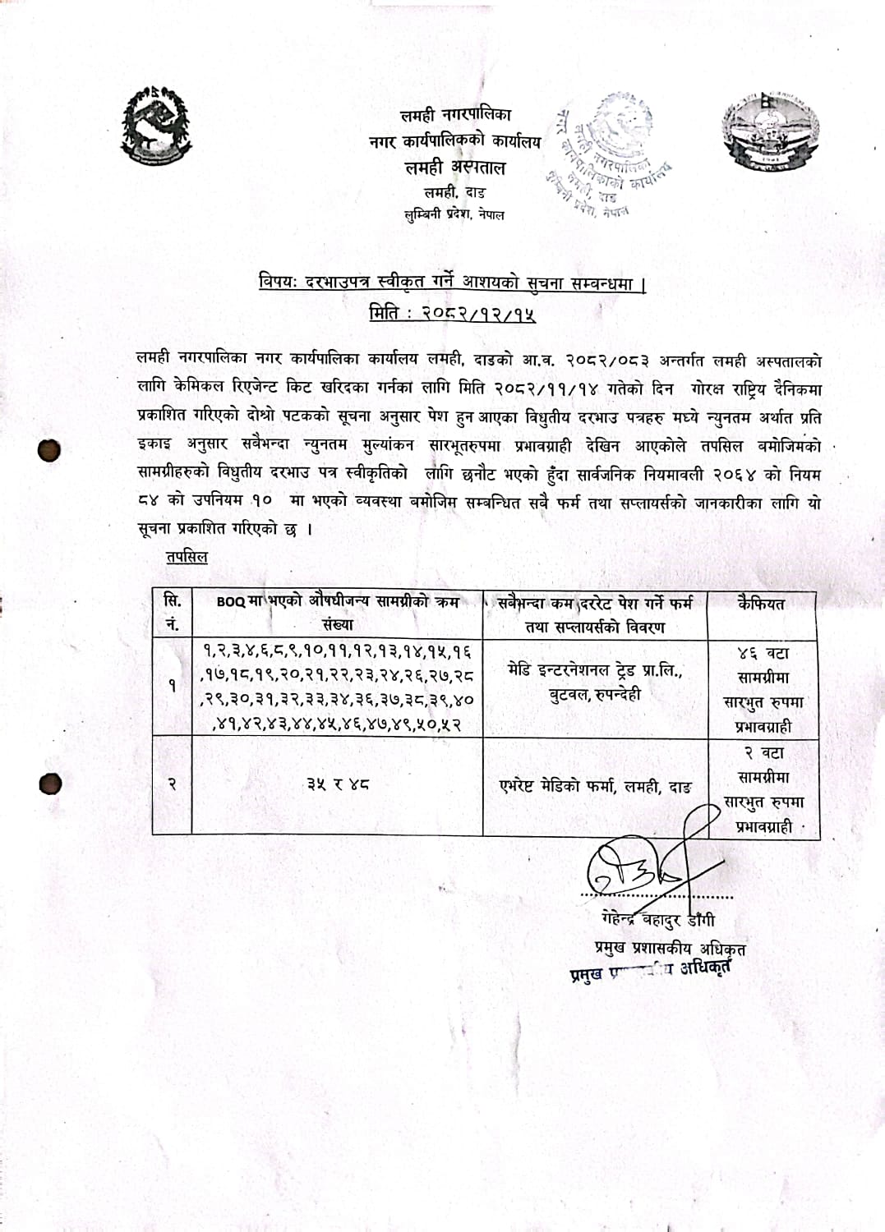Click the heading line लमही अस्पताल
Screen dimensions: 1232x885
point(454,168)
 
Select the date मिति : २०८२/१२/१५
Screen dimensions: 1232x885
point(453,312)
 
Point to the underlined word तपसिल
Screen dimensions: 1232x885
point(187,557)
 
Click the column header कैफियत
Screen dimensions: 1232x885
point(761,604)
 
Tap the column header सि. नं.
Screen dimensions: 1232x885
point(173,614)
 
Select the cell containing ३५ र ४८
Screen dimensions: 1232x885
point(337,784)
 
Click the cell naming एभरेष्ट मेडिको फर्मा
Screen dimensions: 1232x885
point(595,786)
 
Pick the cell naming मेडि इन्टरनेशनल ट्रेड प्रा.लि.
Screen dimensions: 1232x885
point(595,683)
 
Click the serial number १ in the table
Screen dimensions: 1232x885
point(172,686)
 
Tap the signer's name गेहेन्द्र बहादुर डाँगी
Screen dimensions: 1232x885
point(657,919)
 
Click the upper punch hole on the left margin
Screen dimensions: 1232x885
point(49,449)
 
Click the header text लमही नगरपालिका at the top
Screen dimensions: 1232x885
point(454,116)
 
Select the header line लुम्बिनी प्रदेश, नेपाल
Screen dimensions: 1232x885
point(454,215)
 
